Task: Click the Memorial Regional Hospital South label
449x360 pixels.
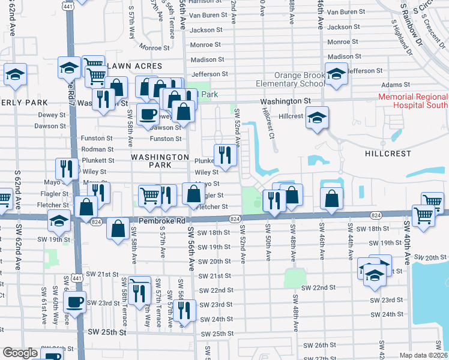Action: pyautogui.click(x=413, y=100)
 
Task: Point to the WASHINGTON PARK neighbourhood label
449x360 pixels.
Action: pyautogui.click(x=160, y=160)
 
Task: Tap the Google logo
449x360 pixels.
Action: pyautogui.click(x=20, y=353)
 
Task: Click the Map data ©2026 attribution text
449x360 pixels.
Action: pyautogui.click(x=423, y=355)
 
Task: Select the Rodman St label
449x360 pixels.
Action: pyautogui.click(x=97, y=149)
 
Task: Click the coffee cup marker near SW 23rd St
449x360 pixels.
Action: pyautogui.click(x=75, y=302)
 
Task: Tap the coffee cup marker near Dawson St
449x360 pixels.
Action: pyautogui.click(x=148, y=114)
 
